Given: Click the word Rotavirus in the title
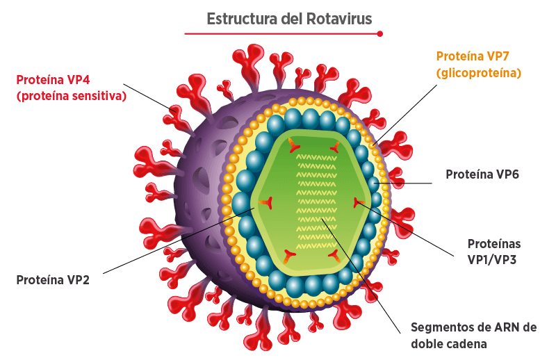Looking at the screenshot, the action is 339,19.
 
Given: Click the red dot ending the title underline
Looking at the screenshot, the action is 379,33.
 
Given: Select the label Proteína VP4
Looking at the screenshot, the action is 54,79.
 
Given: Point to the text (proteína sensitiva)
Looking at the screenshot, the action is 72,96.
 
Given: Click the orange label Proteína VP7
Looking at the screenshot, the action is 473,56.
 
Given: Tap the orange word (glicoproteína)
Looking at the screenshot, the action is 479,73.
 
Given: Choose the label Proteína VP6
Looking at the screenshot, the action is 482,174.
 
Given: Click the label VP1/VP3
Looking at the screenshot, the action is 492,260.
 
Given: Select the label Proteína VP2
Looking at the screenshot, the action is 53,280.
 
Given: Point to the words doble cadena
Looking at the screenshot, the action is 448,344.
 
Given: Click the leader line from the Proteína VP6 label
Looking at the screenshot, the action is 402,183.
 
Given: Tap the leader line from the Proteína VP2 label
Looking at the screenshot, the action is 179,241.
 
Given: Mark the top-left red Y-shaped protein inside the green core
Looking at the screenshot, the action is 294,143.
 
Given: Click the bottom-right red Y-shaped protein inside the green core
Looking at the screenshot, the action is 335,256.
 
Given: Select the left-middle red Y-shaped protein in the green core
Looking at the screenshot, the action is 265,202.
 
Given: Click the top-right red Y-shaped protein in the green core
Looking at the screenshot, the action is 335,146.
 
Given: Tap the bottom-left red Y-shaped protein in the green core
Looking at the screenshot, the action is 289,256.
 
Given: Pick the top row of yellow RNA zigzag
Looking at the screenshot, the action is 316,158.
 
